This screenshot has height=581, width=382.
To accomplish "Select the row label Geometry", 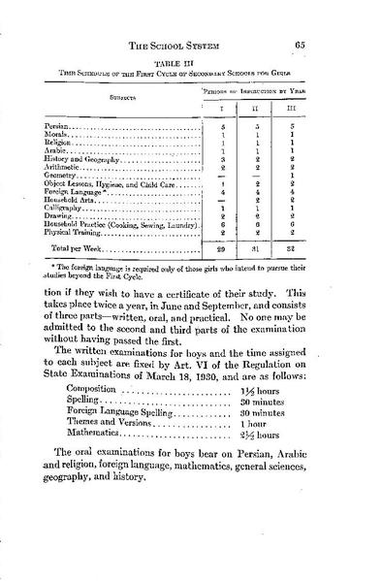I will pos(63,176).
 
